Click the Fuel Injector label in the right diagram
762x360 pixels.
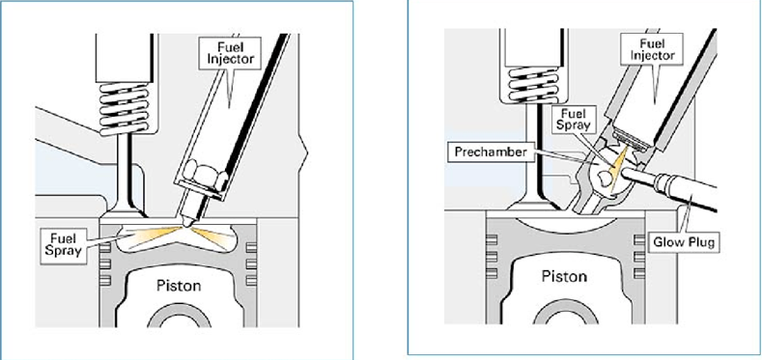(x=652, y=48)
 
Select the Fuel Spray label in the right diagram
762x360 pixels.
(x=576, y=120)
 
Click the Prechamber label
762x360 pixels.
(x=491, y=152)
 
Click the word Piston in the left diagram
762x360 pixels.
(x=179, y=286)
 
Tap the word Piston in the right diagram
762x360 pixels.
(x=564, y=276)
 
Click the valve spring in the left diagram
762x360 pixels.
(x=124, y=108)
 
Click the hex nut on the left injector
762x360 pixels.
(x=203, y=175)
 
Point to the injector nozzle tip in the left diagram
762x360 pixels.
(x=186, y=223)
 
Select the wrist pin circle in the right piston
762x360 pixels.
(x=565, y=314)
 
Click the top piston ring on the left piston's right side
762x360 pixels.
(x=251, y=247)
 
